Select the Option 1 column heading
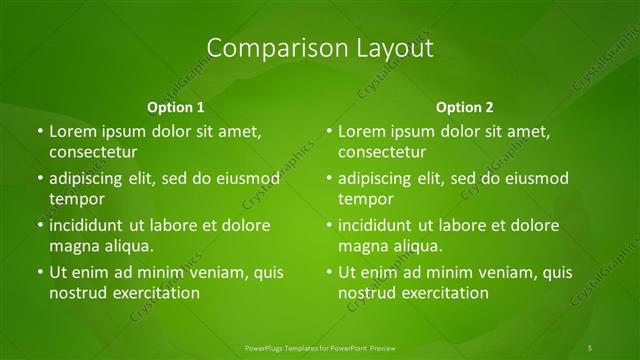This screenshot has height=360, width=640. pos(176,106)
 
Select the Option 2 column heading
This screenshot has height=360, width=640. pos(465,106)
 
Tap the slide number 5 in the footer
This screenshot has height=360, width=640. pos(590,347)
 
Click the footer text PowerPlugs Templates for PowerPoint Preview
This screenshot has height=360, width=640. pos(319,347)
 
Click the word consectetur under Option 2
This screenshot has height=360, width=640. pos(383,152)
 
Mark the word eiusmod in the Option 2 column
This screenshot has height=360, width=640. pos(535,179)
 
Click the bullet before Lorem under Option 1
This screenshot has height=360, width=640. pos(38,131)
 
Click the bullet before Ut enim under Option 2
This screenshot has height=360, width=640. pos(328,272)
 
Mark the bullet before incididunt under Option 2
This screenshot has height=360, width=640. pos(328,225)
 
